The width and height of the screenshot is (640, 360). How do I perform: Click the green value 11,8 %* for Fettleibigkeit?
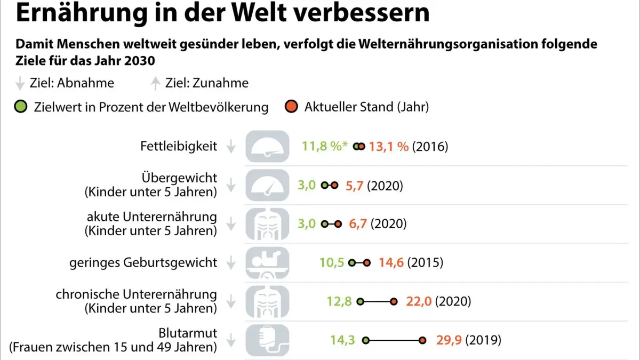pos(325,146)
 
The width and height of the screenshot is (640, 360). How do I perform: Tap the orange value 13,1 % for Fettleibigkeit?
pos(389,147)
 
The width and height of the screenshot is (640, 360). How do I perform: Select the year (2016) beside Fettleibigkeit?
pos(430,147)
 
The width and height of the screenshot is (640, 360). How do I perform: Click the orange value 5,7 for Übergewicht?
pos(354,186)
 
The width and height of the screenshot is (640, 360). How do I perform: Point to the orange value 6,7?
pos(358,223)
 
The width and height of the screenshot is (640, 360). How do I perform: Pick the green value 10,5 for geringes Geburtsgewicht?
pos(331,262)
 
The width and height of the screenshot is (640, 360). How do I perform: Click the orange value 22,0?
pos(419,301)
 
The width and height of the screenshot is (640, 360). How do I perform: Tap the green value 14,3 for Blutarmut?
pos(342,340)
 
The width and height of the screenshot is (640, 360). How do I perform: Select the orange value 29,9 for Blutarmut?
pos(449,340)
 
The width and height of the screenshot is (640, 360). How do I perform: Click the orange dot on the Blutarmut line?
pos(422,340)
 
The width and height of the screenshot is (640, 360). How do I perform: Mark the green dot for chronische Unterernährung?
pos(361,301)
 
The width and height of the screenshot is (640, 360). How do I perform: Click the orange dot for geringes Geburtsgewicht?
pos(367,262)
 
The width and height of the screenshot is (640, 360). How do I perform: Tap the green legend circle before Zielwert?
pos(21,107)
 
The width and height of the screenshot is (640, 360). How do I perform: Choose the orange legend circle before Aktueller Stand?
pos(291,107)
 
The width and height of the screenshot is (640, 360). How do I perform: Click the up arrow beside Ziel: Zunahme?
pos(155,83)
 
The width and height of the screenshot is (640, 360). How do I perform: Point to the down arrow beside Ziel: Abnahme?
pos(20,83)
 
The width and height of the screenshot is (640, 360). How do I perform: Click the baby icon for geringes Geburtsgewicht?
pos(267,262)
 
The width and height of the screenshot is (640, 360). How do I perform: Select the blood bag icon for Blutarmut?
pos(267,340)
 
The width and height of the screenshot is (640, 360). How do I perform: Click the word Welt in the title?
pos(259,13)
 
